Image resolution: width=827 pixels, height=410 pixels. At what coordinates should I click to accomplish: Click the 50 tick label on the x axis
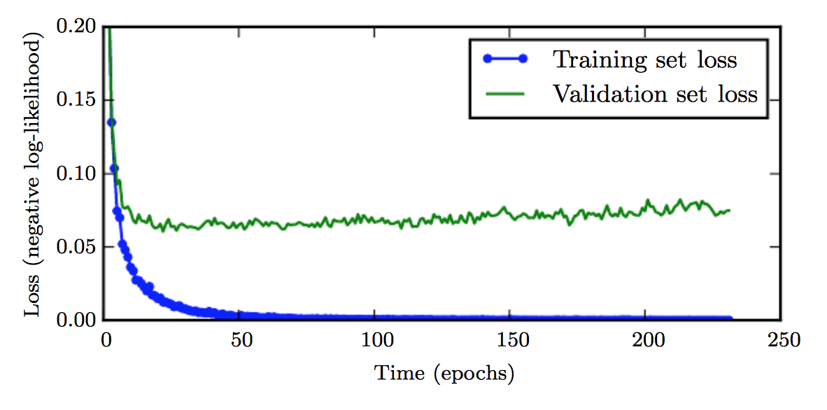tap(241, 341)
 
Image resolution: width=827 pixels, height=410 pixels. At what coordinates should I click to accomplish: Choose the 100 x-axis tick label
tap(375, 341)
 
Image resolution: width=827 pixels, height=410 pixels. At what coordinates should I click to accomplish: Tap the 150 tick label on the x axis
tap(510, 341)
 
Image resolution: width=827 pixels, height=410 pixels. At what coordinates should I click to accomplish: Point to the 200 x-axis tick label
tap(644, 341)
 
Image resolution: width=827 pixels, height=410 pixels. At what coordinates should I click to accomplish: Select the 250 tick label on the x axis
tap(779, 341)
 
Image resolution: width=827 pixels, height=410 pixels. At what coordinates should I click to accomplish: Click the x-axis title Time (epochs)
tap(444, 373)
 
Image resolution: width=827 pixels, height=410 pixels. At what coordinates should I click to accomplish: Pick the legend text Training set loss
tap(644, 59)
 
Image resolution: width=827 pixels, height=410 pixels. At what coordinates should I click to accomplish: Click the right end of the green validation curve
tap(729, 211)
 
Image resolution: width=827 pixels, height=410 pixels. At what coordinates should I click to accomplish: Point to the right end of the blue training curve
tap(729, 319)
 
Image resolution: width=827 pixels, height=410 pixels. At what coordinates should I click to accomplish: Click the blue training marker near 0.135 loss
tap(111, 122)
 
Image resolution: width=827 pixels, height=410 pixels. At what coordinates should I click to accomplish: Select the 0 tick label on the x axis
tap(106, 341)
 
